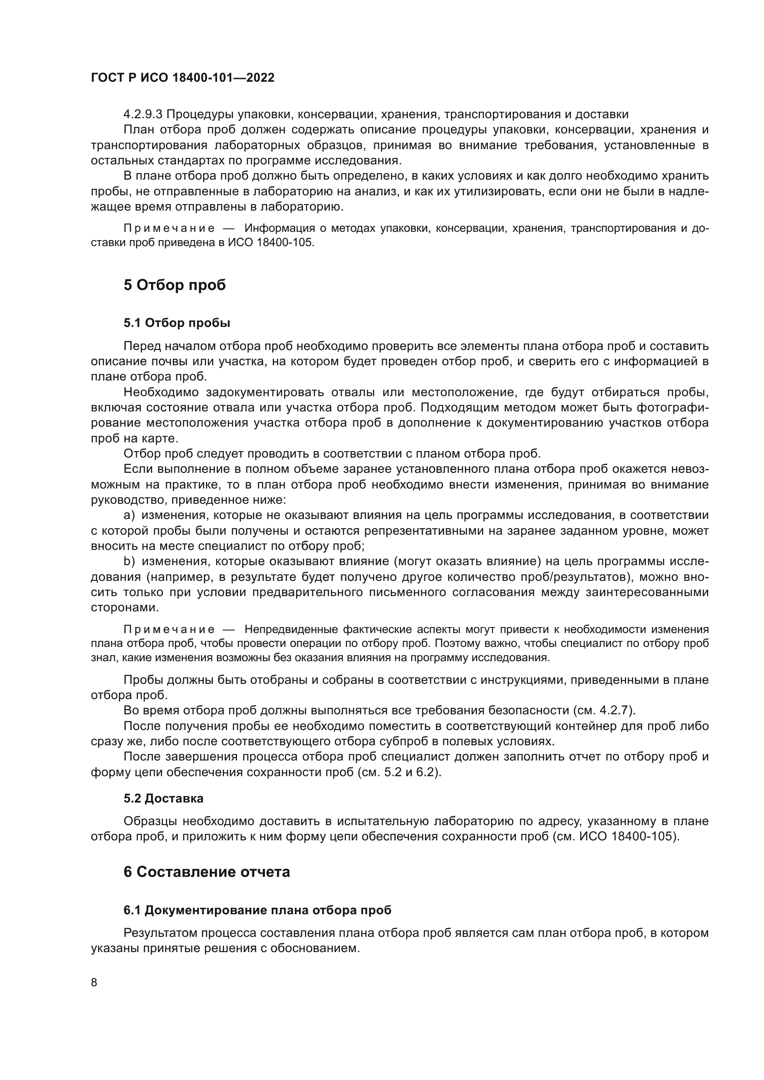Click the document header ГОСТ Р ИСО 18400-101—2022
pyautogui.click(x=182, y=78)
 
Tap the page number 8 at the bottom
pyautogui.click(x=94, y=983)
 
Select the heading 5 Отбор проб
pyautogui.click(x=175, y=285)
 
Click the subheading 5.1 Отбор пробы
pyautogui.click(x=177, y=323)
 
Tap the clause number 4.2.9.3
pyautogui.click(x=143, y=115)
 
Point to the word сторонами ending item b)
pyautogui.click(x=125, y=607)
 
